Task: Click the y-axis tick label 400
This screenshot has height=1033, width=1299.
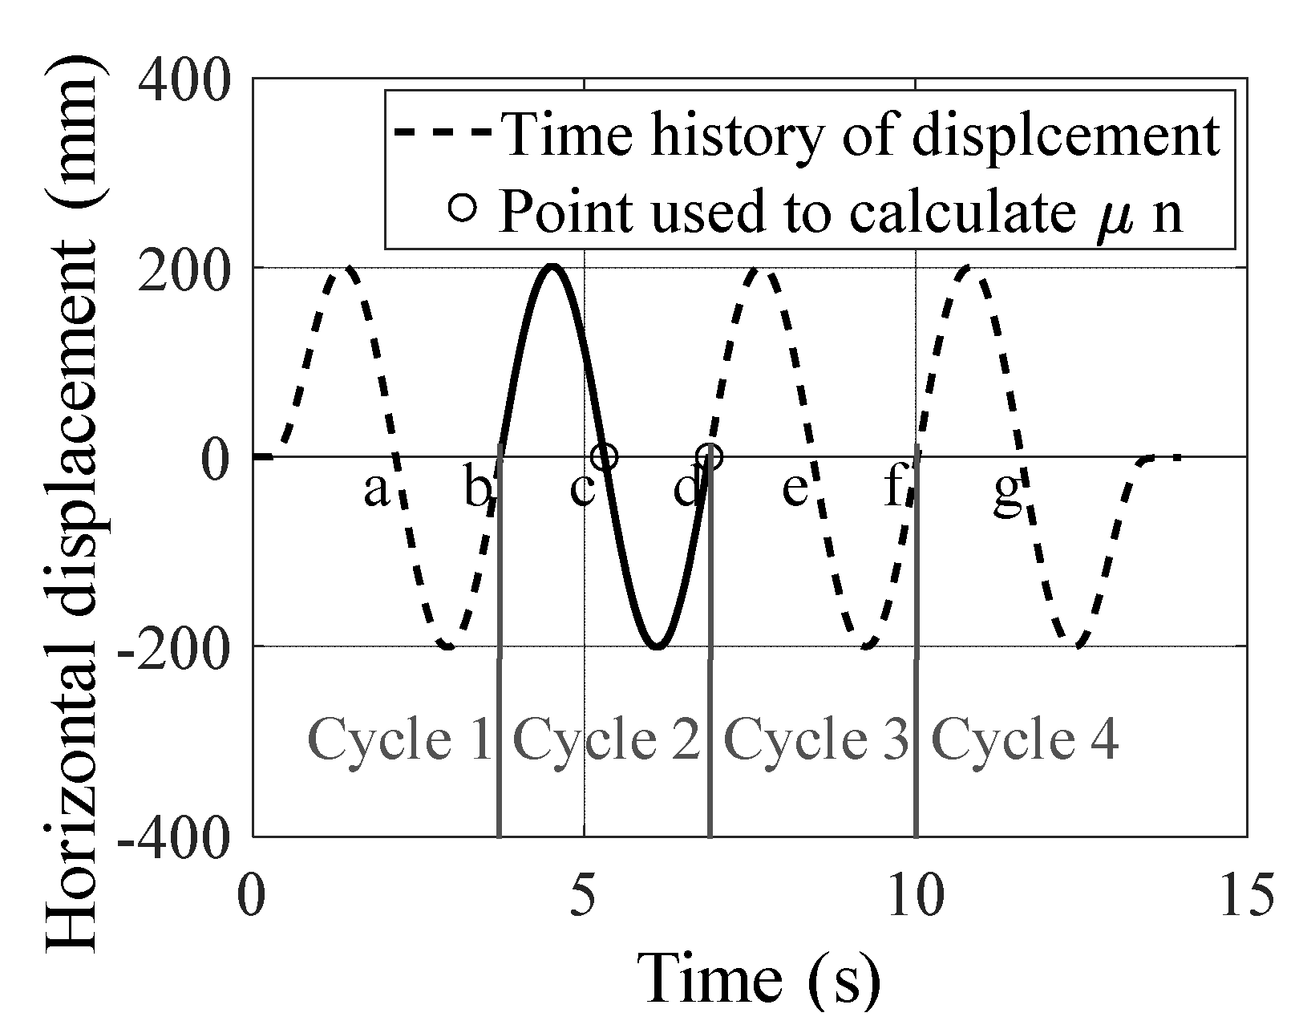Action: [x=185, y=79]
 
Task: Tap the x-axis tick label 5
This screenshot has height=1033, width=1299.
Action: [x=584, y=896]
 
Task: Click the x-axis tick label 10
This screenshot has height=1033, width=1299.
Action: [x=915, y=896]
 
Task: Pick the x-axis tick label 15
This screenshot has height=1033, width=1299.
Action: [x=1245, y=896]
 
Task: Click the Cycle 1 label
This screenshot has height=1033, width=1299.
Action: [x=399, y=739]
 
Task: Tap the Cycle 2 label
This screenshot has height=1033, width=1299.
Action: [x=607, y=739]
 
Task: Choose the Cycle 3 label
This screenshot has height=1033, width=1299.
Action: [x=817, y=739]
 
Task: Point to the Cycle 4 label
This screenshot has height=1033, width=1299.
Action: [x=1025, y=739]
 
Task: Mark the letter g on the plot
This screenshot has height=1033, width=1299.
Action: [x=1008, y=492]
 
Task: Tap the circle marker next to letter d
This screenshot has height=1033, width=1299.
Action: [x=710, y=456]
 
